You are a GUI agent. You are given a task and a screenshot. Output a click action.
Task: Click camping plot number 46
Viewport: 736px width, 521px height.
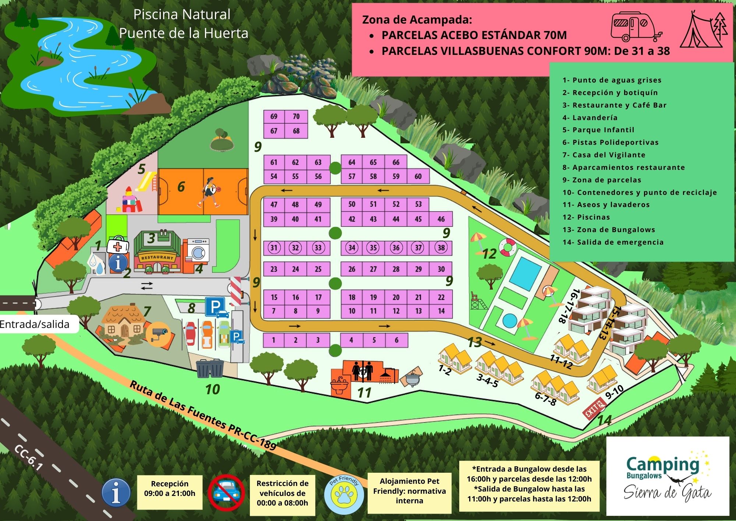[441, 219]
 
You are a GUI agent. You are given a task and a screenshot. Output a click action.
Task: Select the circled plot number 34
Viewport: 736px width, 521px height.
[352, 248]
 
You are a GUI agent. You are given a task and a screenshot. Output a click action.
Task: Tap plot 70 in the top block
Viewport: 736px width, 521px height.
[296, 117]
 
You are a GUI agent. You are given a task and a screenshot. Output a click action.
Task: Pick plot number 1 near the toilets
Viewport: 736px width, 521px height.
[273, 340]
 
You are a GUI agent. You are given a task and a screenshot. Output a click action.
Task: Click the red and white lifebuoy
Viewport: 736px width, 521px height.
[508, 248]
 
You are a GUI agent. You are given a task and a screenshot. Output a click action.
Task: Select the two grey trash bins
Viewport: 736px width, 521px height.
[209, 368]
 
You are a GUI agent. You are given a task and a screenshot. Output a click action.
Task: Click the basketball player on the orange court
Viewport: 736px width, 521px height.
[209, 192]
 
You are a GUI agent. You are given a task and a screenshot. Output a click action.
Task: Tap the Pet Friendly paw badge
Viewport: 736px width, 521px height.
[344, 493]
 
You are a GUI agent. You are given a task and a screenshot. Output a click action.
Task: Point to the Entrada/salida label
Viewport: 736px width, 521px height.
[35, 324]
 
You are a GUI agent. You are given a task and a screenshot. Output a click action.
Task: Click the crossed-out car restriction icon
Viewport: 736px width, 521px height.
[226, 493]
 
